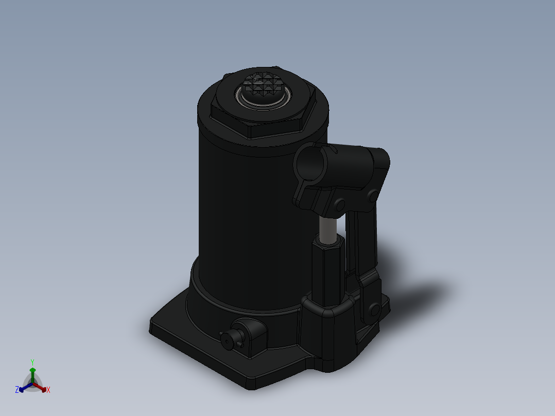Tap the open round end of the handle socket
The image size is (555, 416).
(x=309, y=164)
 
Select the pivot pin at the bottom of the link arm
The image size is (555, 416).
(x=374, y=310)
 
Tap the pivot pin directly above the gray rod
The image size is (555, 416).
(x=340, y=205)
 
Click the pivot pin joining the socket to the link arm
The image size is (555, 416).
(x=373, y=196)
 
